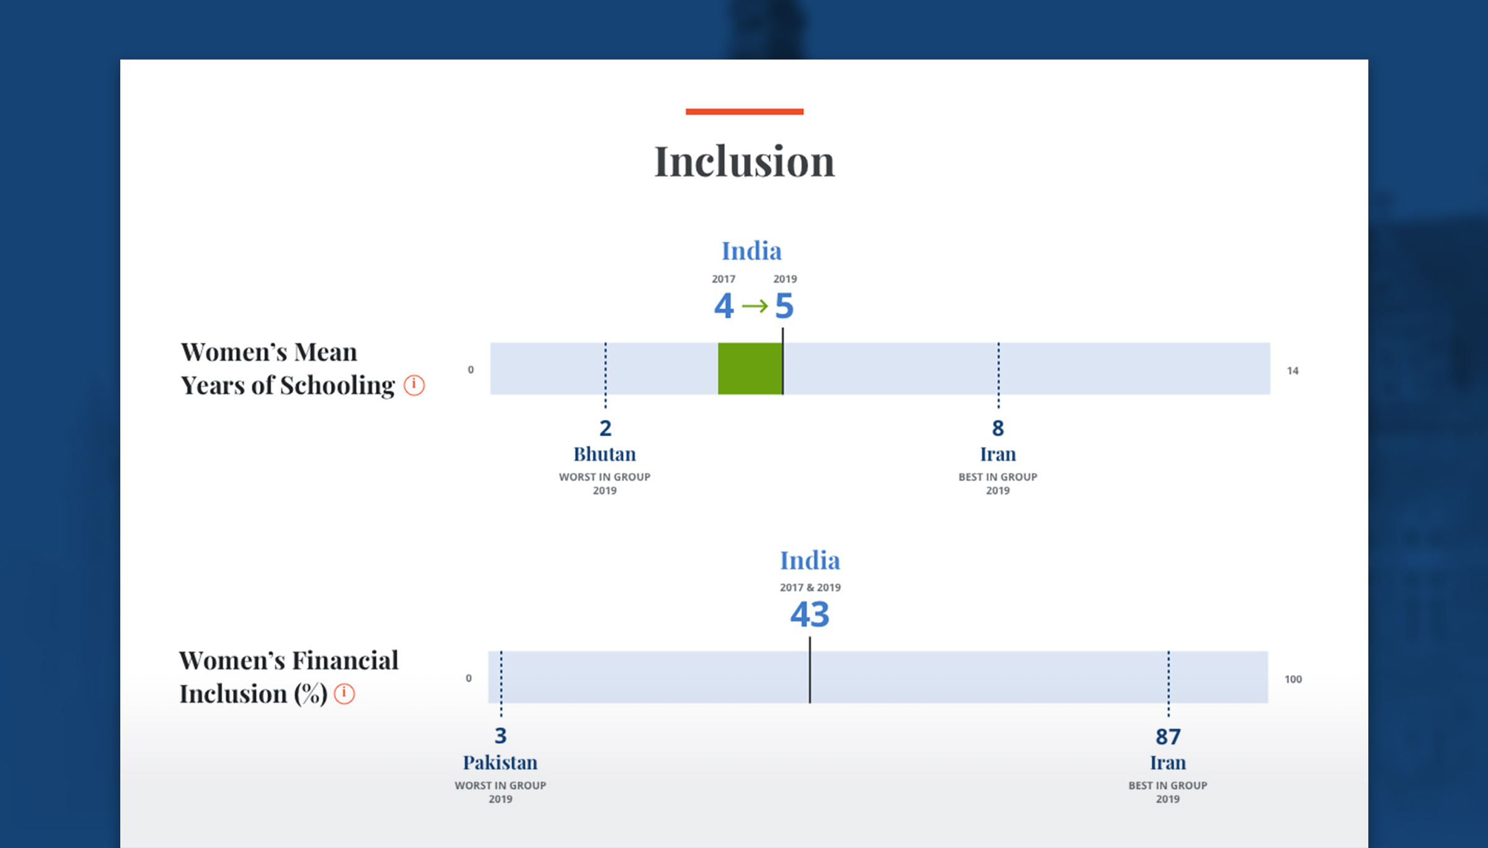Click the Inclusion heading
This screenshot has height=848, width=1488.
[x=745, y=161]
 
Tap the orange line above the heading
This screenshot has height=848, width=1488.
[x=745, y=112]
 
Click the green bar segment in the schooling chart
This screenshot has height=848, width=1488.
[x=750, y=369]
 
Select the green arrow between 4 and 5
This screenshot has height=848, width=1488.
[x=755, y=306]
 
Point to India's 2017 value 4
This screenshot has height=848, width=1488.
[x=724, y=306]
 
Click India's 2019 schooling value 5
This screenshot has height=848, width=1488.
[x=784, y=306]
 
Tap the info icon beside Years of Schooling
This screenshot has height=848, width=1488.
[x=414, y=385]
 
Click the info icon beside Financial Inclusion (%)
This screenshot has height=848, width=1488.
[x=345, y=694]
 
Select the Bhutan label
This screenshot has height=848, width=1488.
[x=604, y=454]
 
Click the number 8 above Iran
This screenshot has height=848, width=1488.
[x=998, y=428]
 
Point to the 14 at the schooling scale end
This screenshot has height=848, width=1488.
[x=1293, y=371]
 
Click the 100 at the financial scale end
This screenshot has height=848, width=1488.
[x=1293, y=679]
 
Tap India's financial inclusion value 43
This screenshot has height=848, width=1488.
[x=810, y=614]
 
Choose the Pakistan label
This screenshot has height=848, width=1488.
[x=500, y=762]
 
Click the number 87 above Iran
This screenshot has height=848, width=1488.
[x=1168, y=736]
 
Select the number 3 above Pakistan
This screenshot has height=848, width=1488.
[x=501, y=736]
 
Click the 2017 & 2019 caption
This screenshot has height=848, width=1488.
[x=810, y=588]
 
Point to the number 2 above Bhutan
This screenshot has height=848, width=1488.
[x=605, y=428]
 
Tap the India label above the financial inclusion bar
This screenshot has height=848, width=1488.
[x=810, y=560]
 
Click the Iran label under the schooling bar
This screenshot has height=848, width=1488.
[x=998, y=454]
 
